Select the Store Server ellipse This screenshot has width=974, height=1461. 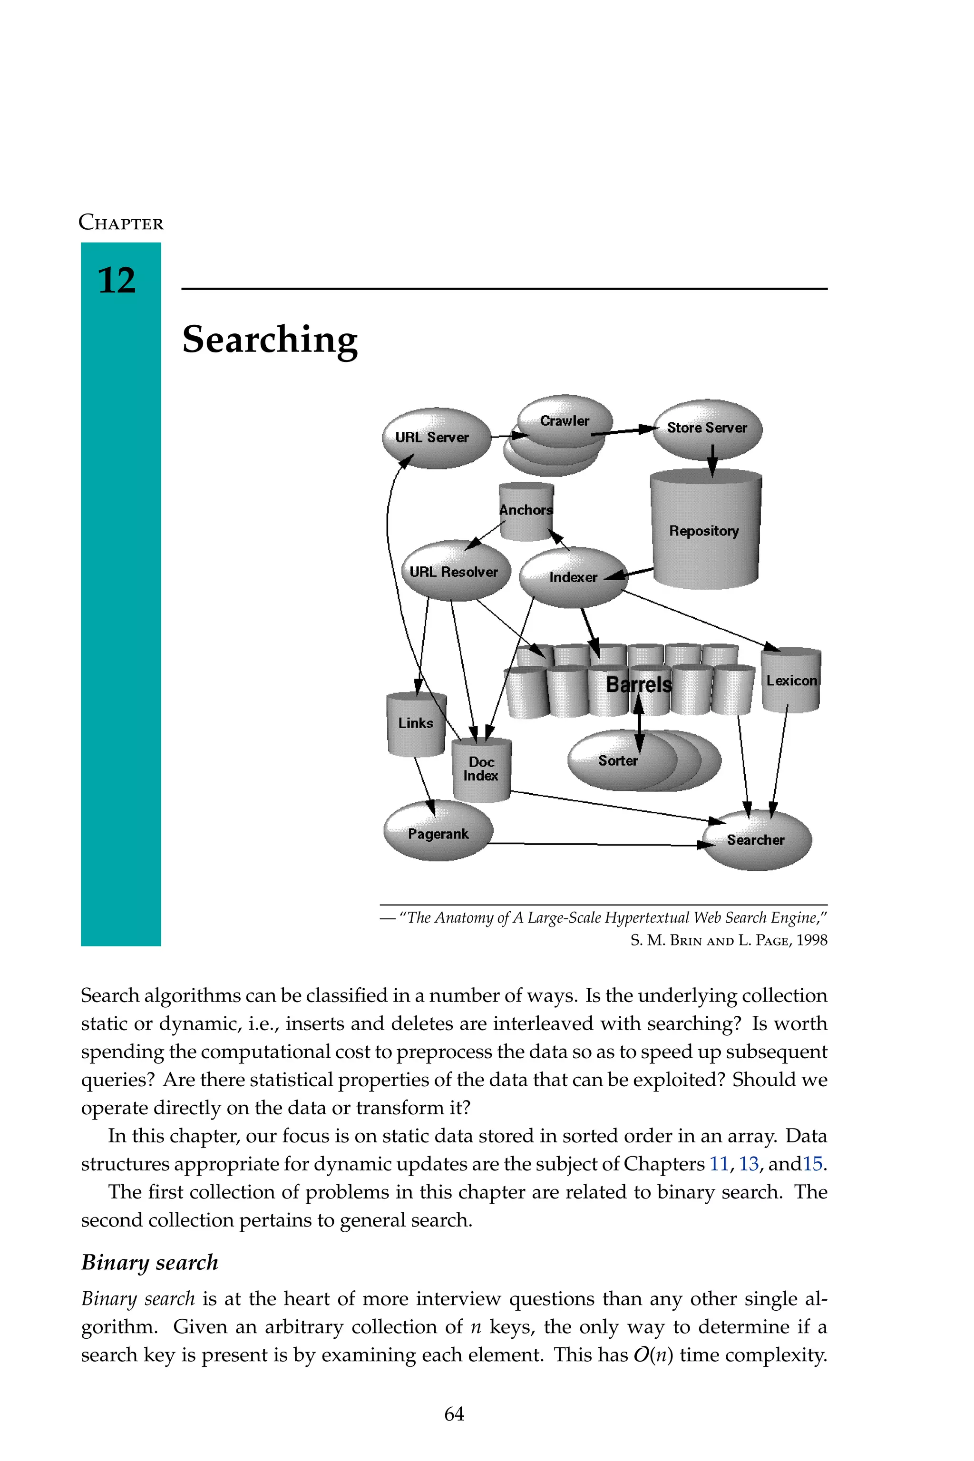(x=707, y=428)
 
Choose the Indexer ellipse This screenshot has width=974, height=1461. (x=573, y=577)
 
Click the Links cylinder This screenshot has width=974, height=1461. (x=416, y=723)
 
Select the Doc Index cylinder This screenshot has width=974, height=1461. (x=481, y=769)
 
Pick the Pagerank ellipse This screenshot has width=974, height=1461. (x=438, y=833)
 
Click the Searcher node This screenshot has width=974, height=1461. (x=756, y=840)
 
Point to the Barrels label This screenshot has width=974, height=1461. (x=639, y=684)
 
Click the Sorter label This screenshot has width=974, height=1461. (x=618, y=760)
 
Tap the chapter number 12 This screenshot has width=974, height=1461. (x=117, y=280)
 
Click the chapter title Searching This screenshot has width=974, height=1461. (x=270, y=339)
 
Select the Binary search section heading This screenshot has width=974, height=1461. (x=150, y=1262)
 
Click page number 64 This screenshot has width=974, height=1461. (x=454, y=1414)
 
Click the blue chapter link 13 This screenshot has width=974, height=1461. (x=749, y=1163)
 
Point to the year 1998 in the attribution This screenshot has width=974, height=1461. (x=812, y=940)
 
